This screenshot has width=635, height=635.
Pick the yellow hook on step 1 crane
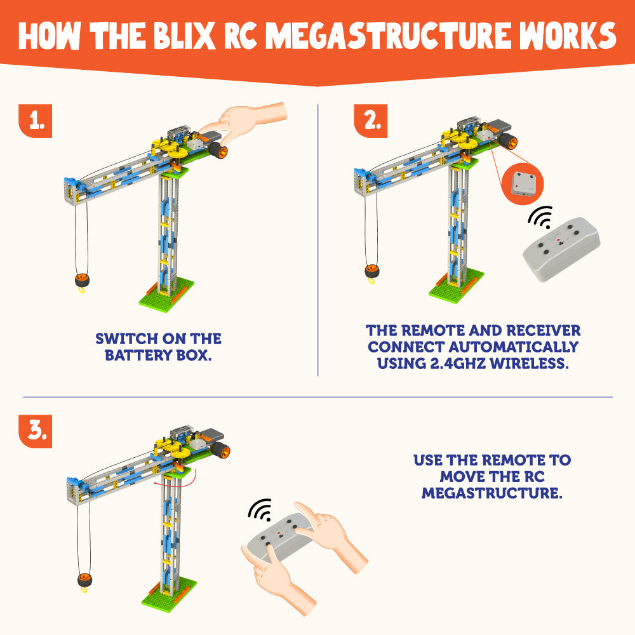[x=81, y=291]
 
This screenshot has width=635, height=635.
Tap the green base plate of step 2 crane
[x=456, y=289]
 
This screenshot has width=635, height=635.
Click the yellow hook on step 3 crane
[x=83, y=591]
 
